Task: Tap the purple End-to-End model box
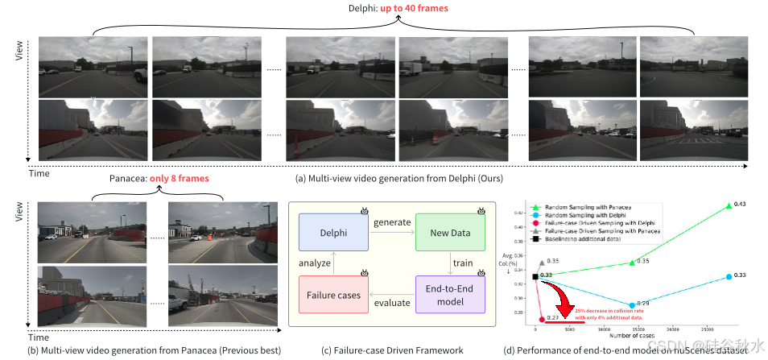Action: coord(449,295)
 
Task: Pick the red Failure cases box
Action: coord(333,295)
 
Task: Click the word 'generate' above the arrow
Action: coord(391,222)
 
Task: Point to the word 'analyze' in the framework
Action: coord(315,262)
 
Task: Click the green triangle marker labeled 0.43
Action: coord(729,206)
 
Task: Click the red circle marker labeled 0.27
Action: coord(542,319)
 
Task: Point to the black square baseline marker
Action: coord(535,277)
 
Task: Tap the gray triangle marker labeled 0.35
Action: coord(542,263)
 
